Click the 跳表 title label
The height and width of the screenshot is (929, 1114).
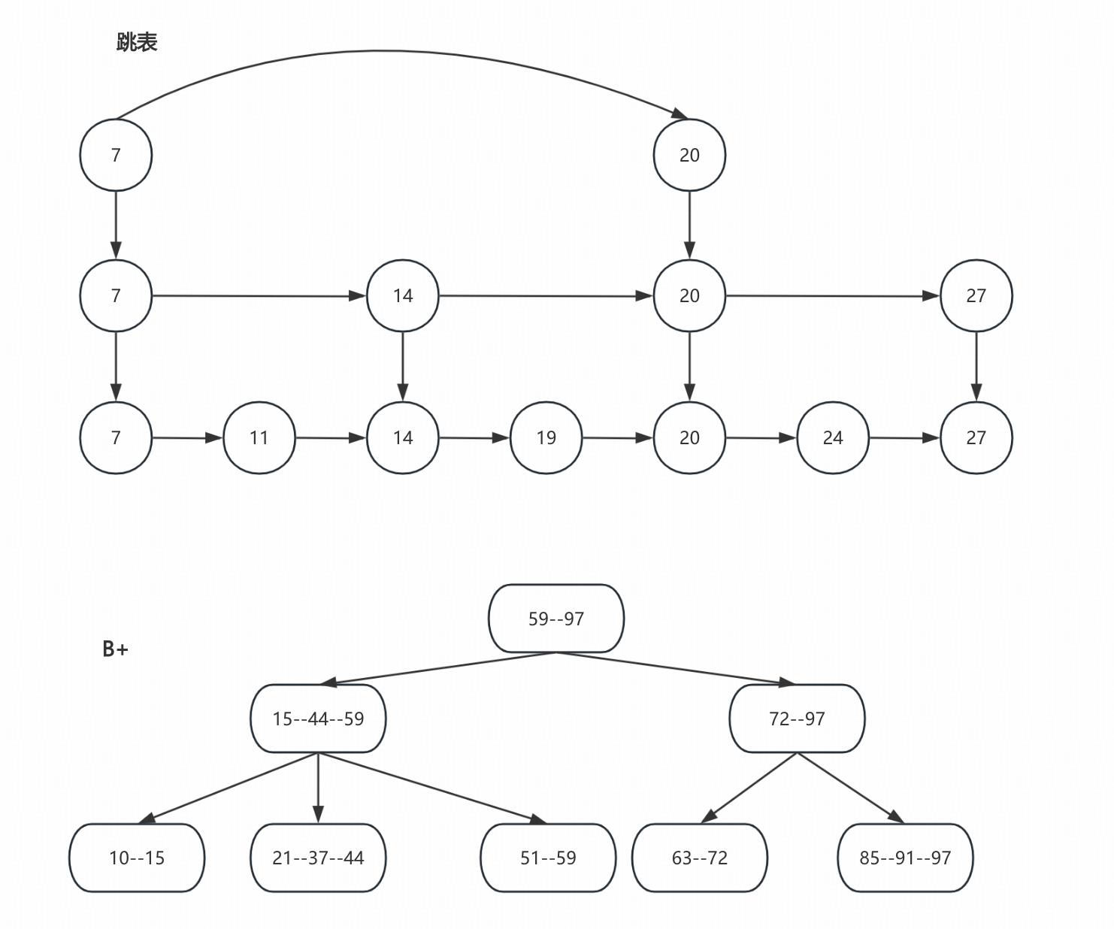click(x=137, y=42)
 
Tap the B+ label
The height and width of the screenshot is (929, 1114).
click(x=115, y=649)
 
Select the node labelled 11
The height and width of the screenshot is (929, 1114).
click(x=259, y=437)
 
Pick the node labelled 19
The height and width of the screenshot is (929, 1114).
click(x=546, y=437)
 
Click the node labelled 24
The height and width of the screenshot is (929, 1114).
click(x=833, y=437)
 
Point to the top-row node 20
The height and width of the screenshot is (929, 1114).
click(x=689, y=155)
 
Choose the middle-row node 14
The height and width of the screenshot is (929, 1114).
click(x=402, y=295)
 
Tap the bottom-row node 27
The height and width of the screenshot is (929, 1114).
click(x=976, y=437)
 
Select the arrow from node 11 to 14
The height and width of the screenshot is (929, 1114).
click(x=331, y=437)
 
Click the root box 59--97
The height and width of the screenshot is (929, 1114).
click(x=555, y=619)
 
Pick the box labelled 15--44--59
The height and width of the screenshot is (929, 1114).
click(x=318, y=719)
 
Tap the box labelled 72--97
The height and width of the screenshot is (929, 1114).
click(x=797, y=719)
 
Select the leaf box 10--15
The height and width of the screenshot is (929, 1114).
click(x=137, y=858)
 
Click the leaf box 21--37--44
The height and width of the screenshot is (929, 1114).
click(x=318, y=858)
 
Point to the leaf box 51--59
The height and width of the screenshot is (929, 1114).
click(x=548, y=858)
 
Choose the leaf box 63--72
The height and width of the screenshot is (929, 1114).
click(x=700, y=858)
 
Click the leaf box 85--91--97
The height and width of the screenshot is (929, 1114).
click(x=905, y=858)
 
